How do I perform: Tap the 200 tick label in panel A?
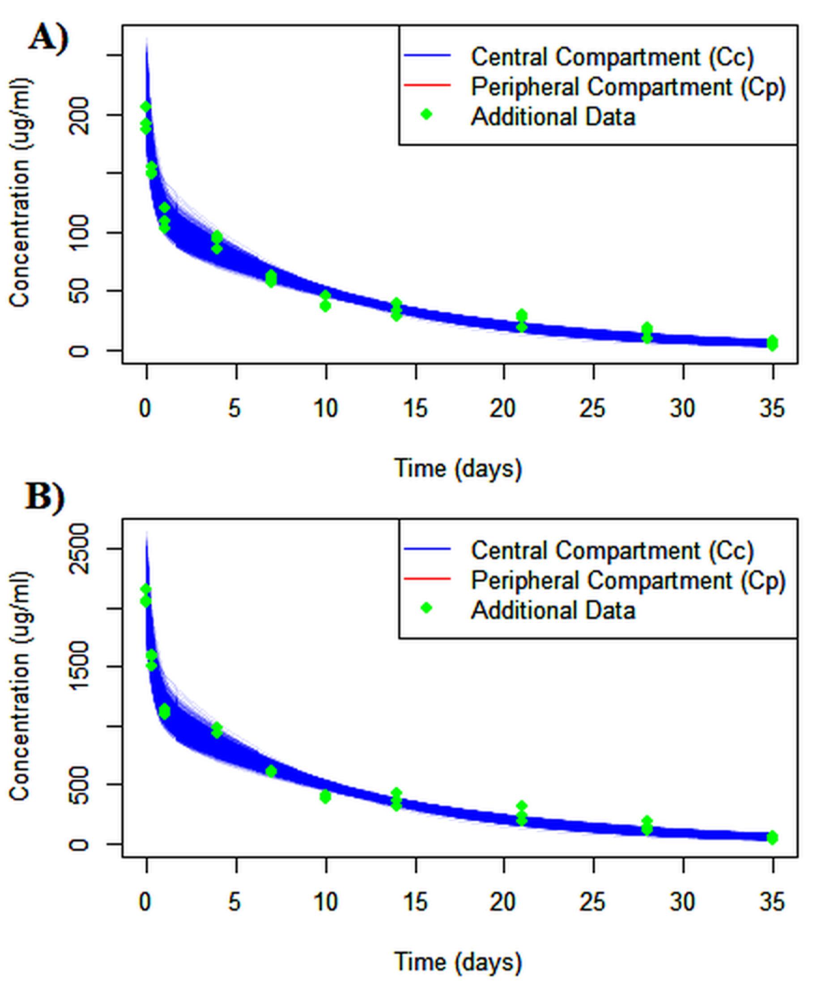pyautogui.click(x=81, y=115)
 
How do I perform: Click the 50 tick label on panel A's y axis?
pyautogui.click(x=81, y=291)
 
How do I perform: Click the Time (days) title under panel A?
pyautogui.click(x=458, y=469)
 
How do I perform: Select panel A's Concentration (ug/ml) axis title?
pyautogui.click(x=21, y=193)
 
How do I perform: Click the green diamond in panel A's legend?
pyautogui.click(x=426, y=115)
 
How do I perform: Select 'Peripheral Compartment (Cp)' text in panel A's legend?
pyautogui.click(x=628, y=87)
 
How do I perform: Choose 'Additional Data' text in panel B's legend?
pyautogui.click(x=553, y=610)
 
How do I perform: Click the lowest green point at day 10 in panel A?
pyautogui.click(x=325, y=306)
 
